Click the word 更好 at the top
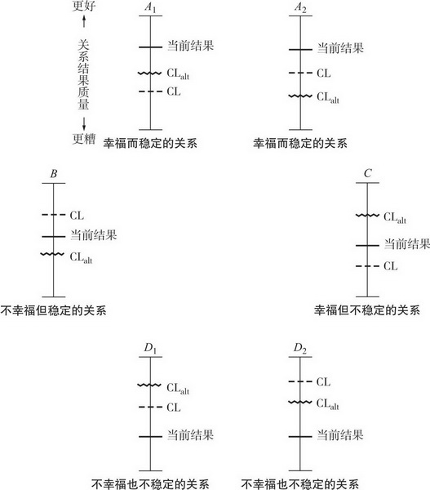[x=84, y=6]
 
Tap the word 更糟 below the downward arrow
[x=84, y=139]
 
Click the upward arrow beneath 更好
[x=84, y=21]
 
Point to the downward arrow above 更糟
[x=84, y=124]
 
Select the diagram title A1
[x=150, y=7]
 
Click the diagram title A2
[x=300, y=7]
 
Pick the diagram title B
[x=54, y=173]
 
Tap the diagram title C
[x=367, y=173]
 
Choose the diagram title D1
[x=150, y=349]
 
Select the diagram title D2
[x=300, y=349]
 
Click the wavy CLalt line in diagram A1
[x=150, y=73]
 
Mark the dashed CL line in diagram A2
[x=300, y=73]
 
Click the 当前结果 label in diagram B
[x=93, y=235]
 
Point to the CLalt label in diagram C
[x=395, y=217]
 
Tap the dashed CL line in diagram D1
[x=150, y=407]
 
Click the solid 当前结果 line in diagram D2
[x=300, y=437]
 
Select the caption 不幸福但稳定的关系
[x=53, y=310]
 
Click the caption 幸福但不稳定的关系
[x=367, y=310]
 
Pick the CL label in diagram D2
[x=323, y=382]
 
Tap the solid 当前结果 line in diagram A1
[x=150, y=47]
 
